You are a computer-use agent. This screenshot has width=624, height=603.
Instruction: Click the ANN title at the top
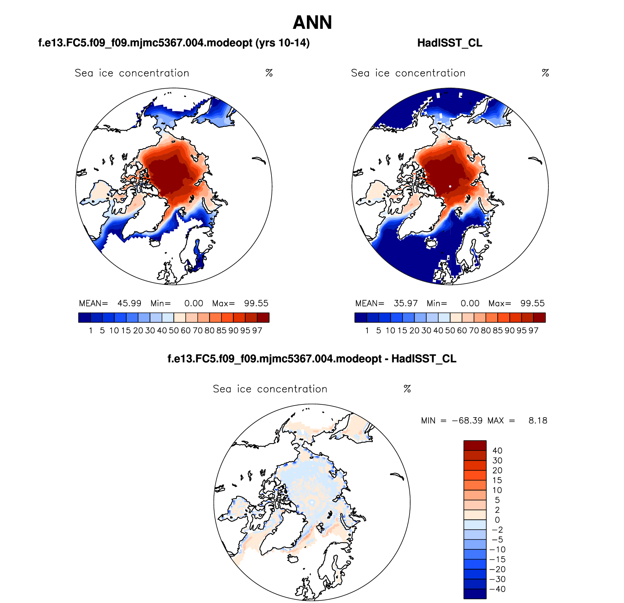pos(312,23)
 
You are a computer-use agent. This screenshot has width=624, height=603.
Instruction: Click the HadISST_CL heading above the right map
pos(450,43)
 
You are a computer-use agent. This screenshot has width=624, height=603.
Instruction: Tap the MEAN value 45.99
pos(129,303)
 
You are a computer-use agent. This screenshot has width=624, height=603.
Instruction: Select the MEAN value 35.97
pos(405,303)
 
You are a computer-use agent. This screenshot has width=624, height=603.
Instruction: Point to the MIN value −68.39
pos(467,420)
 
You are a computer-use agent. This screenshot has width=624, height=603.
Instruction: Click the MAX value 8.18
pos(538,420)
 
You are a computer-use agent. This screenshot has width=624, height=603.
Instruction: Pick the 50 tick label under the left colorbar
pos(174,330)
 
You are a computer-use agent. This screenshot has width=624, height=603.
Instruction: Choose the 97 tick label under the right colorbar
pos(533,330)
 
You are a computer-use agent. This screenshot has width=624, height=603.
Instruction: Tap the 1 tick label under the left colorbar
pos(90,330)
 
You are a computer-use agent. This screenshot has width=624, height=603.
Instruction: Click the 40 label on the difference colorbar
pos(497,451)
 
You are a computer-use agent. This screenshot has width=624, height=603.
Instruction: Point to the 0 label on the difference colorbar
pos(497,520)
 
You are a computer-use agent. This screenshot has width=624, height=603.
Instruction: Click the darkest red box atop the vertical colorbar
pos(475,446)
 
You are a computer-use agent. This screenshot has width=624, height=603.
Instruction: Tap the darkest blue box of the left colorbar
pos(84,318)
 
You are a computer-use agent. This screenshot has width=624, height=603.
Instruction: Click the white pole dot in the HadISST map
pos(450,187)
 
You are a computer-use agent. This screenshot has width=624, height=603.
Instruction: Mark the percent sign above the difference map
pos(407,389)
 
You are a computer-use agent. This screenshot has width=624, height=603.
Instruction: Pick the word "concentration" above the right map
pos(430,73)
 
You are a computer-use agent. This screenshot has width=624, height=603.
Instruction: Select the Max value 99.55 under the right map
pos(532,303)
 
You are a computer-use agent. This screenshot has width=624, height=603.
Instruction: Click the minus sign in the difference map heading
pos(386,359)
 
